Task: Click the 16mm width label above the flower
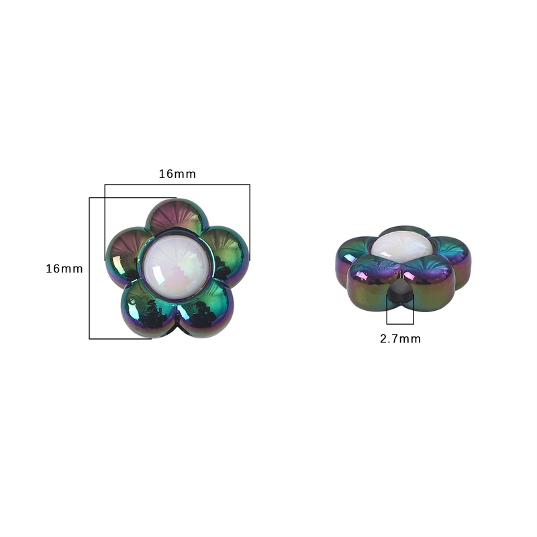pos(177,174)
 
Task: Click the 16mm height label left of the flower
pos(64,269)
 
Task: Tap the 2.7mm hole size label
pos(400,339)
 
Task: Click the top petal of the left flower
pos(177,215)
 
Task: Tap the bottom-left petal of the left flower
pos(149,308)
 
